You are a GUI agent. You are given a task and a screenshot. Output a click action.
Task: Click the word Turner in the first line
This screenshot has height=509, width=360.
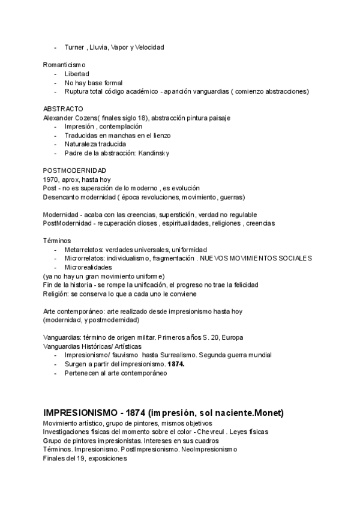75,47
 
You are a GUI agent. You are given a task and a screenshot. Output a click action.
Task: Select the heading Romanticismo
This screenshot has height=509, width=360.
64,64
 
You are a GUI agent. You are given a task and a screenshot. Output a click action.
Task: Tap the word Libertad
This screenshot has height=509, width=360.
77,73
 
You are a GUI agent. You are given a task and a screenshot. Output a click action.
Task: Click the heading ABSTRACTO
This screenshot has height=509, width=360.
63,109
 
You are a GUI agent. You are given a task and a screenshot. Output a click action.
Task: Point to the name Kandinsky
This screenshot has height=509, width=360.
154,153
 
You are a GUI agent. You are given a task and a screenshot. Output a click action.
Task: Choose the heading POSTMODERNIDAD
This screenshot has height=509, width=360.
74,170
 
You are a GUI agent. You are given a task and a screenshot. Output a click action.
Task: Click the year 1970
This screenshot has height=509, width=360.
50,179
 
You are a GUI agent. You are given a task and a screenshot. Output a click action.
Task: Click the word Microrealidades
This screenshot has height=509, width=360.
88,267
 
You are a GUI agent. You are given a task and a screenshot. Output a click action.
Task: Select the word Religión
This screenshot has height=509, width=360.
56,294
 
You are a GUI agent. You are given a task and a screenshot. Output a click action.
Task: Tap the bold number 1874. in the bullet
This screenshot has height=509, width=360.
176,364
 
